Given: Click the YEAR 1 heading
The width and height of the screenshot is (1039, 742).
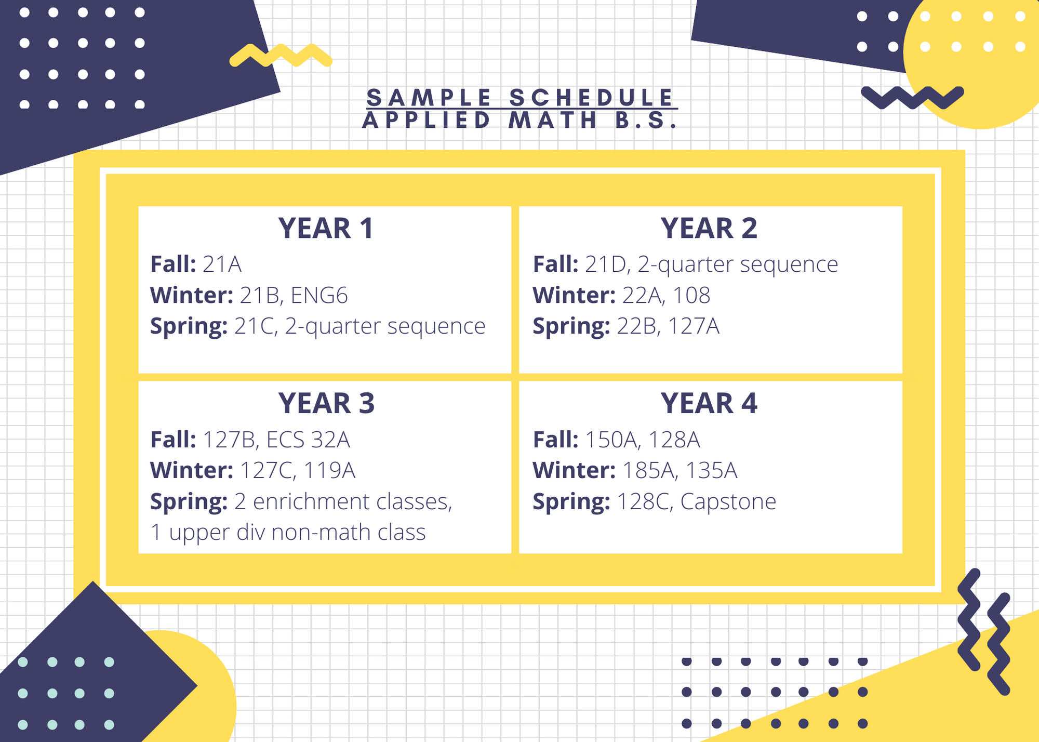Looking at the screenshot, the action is (x=326, y=229).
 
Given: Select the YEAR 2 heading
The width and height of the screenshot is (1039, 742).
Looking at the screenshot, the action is (x=709, y=229).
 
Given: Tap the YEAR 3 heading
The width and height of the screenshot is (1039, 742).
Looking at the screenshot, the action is (x=326, y=404).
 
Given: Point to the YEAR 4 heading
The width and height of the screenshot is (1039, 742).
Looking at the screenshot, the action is (x=709, y=404).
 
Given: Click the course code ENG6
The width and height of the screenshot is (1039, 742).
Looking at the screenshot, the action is (x=319, y=295).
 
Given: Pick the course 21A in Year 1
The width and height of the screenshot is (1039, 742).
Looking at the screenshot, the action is (x=222, y=264).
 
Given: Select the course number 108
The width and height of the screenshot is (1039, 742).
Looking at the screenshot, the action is (x=691, y=295).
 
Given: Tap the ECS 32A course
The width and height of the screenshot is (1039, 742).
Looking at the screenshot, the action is (x=308, y=440).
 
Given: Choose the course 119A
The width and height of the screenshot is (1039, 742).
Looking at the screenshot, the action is (x=329, y=470).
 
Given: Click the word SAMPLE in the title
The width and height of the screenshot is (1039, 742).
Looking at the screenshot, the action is (x=429, y=98).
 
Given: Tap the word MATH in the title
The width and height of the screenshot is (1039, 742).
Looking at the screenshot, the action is (x=552, y=121).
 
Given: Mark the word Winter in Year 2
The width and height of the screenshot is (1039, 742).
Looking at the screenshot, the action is (x=574, y=295).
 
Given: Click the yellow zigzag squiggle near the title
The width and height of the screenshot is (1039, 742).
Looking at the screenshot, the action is (x=281, y=56).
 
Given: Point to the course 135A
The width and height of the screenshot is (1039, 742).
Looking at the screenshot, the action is (x=712, y=470).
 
